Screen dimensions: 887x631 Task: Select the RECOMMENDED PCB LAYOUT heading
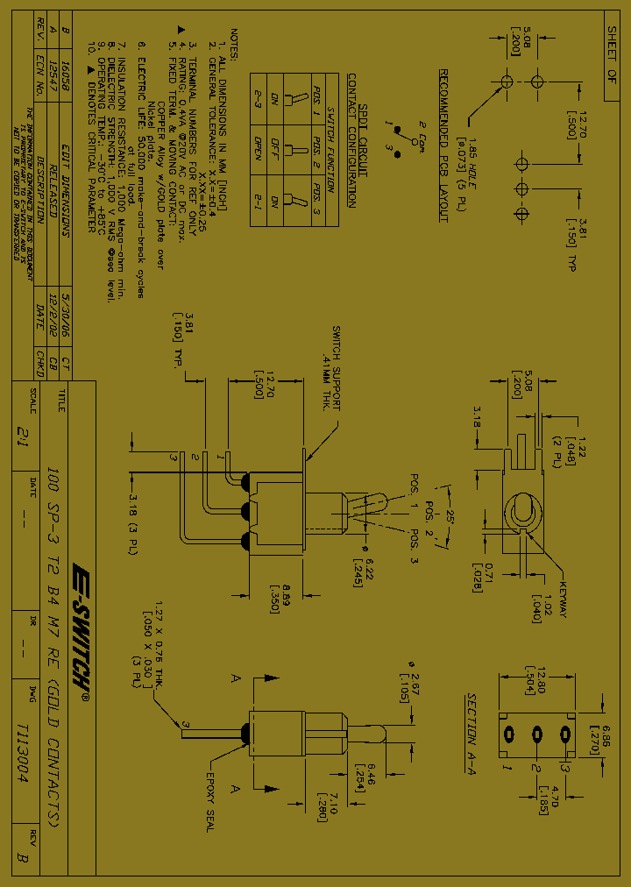(x=443, y=145)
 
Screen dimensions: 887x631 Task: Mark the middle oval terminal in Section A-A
(x=535, y=733)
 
